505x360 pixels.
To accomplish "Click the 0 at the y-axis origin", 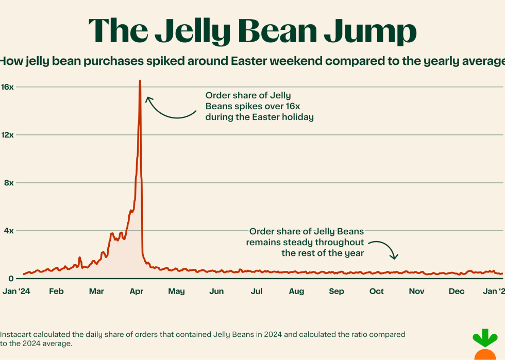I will (11, 279).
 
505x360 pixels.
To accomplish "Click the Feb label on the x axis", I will (56, 292).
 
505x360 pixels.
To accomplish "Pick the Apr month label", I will (136, 292).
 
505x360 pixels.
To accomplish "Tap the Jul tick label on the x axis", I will (256, 292).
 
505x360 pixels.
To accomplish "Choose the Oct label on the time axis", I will (376, 292).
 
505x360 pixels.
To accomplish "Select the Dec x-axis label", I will (457, 292).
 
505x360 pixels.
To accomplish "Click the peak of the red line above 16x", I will (140, 81).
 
